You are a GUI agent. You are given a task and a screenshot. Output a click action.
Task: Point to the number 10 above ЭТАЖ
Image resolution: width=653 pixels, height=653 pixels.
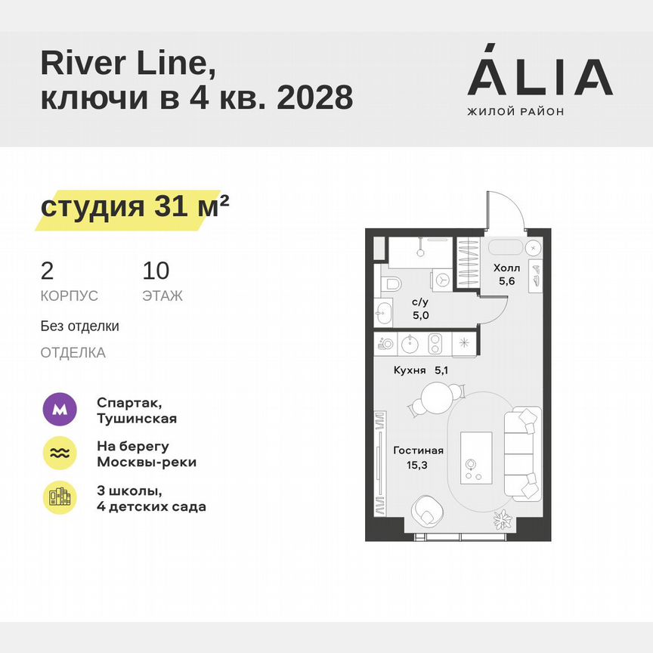click(x=156, y=270)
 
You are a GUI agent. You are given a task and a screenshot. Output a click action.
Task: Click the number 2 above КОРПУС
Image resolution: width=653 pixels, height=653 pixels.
click(x=48, y=270)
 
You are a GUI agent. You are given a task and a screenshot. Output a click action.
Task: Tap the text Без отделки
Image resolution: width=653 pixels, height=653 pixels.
click(x=80, y=326)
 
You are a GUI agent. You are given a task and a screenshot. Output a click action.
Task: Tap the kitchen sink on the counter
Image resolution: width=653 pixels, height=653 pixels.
click(x=410, y=344)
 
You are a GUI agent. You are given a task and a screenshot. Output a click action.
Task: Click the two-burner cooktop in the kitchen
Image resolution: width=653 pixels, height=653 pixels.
click(x=436, y=344)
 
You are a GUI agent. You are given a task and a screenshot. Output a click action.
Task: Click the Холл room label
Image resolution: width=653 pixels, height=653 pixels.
click(x=506, y=268)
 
